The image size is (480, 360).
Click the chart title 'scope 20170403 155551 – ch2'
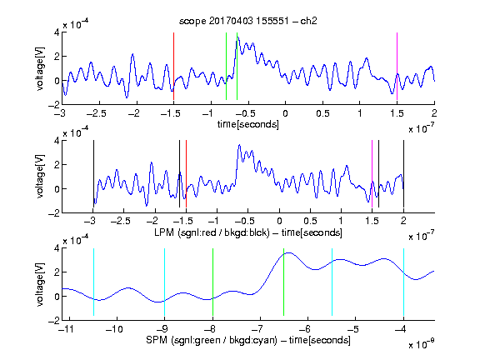click(248, 21)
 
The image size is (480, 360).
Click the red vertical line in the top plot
click(173, 66)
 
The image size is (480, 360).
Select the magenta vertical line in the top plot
click(397, 66)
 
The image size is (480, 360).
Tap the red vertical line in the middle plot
click(186, 174)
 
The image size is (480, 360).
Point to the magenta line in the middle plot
click(372, 174)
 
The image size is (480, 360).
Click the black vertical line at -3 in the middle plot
click(93, 174)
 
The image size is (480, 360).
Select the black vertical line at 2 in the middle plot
click(404, 174)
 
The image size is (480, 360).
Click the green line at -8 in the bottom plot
click(212, 282)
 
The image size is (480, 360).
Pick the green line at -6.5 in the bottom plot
click(284, 282)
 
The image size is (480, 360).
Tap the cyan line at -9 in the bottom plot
click(165, 282)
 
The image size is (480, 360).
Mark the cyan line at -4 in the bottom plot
click(404, 282)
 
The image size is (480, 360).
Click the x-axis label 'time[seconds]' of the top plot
click(248, 124)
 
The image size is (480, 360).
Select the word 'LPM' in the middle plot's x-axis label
click(164, 232)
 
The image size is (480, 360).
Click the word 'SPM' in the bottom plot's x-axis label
click(157, 340)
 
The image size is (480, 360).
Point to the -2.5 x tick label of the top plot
click(97, 113)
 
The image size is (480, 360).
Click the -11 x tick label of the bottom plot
click(66, 329)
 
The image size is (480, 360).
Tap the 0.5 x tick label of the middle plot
click(310, 221)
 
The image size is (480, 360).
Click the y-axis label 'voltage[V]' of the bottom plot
click(40, 284)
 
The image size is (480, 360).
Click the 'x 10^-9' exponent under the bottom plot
click(422, 343)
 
